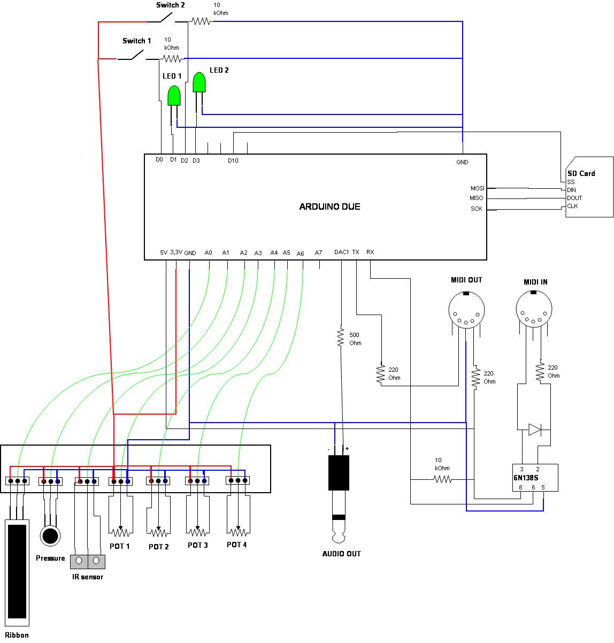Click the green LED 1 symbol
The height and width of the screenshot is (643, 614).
[x=174, y=96]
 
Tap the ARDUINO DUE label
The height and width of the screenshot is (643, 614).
[x=329, y=206]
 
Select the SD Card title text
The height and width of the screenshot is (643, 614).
[x=581, y=173]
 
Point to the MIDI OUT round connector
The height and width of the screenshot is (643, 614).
[x=466, y=311]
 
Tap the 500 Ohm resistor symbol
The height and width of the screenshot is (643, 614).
[x=340, y=338]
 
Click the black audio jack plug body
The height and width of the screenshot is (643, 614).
[x=339, y=472]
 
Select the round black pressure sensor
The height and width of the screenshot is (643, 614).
[x=51, y=535]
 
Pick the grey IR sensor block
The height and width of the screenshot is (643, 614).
[x=88, y=561]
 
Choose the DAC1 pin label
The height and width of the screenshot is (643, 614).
[x=341, y=252]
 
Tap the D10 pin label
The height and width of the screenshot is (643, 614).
[x=233, y=160]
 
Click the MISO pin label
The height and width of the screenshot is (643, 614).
[x=477, y=198]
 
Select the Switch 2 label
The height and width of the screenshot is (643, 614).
[x=171, y=5]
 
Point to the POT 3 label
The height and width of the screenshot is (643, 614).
[x=198, y=545]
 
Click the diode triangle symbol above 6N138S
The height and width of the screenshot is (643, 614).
[x=534, y=429]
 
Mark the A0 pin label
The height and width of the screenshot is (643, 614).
[x=209, y=252]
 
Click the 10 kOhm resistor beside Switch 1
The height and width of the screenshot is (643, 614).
[x=172, y=58]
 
